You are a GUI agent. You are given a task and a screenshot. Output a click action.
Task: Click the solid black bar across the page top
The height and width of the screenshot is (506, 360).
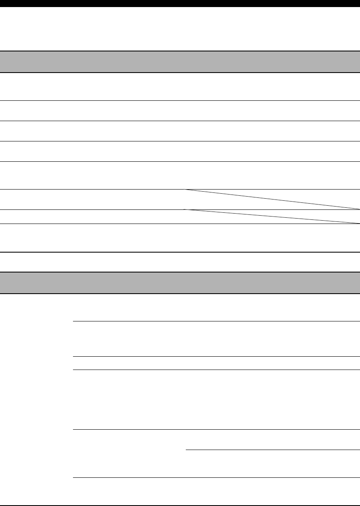pyautogui.click(x=180, y=3)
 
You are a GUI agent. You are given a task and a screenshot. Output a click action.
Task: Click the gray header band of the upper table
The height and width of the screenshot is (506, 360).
pyautogui.click(x=180, y=62)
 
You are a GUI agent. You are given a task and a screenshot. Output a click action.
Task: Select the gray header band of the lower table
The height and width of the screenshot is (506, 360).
pyautogui.click(x=180, y=283)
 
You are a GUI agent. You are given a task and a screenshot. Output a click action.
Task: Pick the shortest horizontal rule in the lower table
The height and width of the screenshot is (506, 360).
pyautogui.click(x=272, y=450)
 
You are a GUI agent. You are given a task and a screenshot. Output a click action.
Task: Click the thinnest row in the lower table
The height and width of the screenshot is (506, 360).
pyautogui.click(x=216, y=363)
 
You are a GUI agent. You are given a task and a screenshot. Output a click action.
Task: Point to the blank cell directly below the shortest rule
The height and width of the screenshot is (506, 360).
pyautogui.click(x=272, y=464)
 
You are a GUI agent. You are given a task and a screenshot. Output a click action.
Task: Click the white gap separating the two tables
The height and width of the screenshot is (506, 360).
pyautogui.click(x=180, y=262)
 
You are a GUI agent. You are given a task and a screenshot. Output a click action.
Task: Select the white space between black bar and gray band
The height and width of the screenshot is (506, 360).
pyautogui.click(x=180, y=29)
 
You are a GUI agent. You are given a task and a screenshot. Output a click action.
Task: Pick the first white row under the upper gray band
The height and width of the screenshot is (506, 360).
pyautogui.click(x=180, y=87)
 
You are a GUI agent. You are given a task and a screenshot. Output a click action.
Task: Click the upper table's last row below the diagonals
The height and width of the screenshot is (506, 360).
pyautogui.click(x=180, y=238)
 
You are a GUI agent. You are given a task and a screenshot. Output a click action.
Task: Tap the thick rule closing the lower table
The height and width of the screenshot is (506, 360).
pyautogui.click(x=180, y=505)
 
